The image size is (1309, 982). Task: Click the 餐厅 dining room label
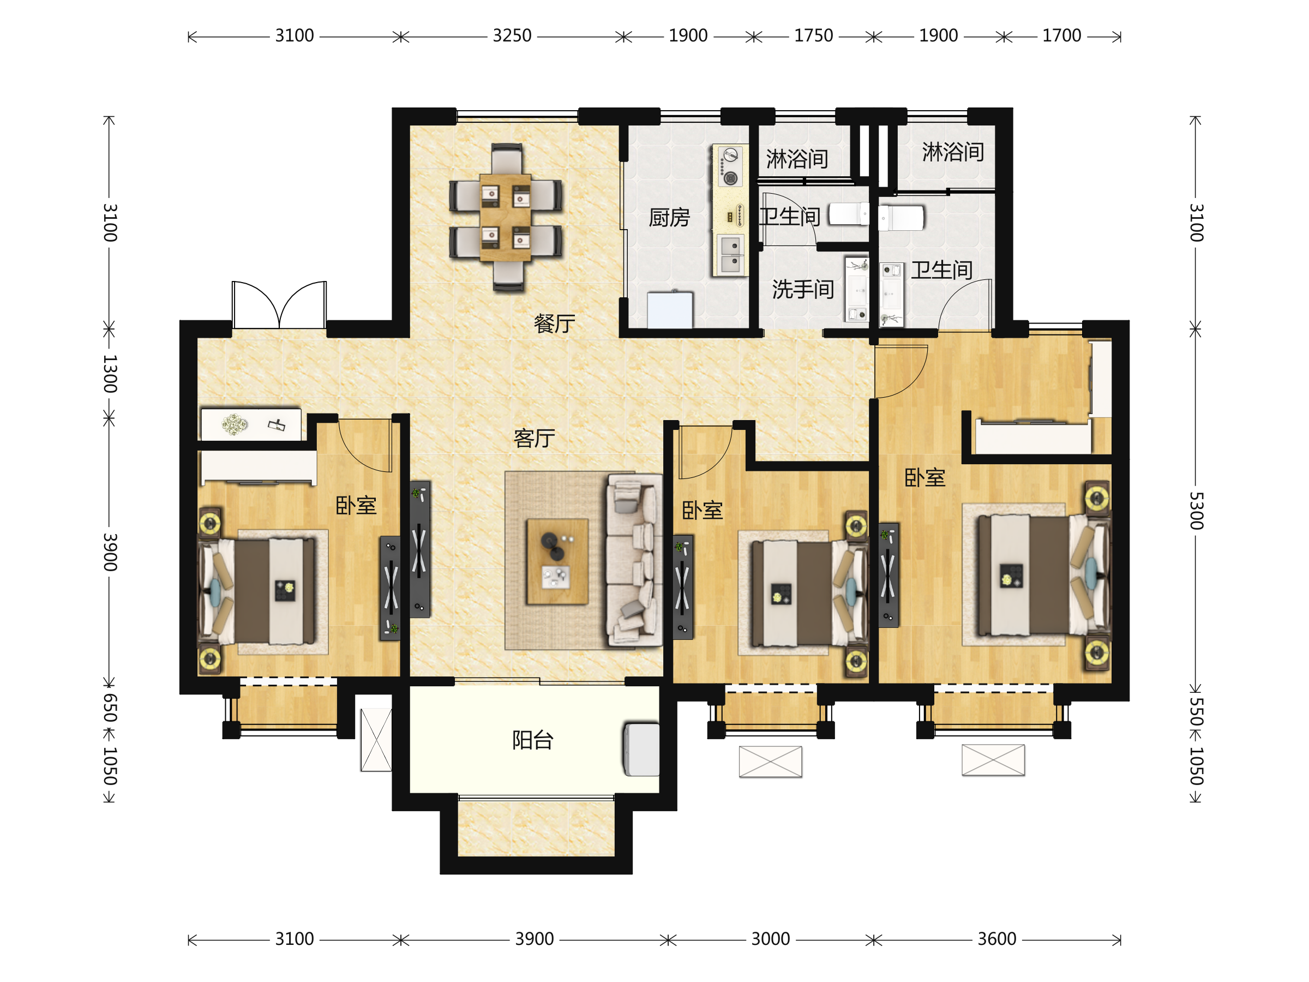(554, 324)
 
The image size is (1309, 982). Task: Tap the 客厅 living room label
(534, 438)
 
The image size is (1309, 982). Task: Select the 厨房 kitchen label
(669, 218)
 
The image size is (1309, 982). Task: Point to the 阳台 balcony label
(532, 740)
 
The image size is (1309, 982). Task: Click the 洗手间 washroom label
(802, 290)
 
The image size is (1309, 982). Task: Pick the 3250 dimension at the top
(512, 35)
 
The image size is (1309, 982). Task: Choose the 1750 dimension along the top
(813, 35)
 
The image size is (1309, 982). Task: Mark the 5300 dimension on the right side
(1196, 510)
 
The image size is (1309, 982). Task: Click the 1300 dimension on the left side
(110, 374)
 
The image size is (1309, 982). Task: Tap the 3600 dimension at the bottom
(996, 939)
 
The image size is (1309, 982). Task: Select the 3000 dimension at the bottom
(771, 939)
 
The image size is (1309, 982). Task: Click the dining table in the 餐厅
(506, 217)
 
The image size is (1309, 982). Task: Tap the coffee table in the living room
(557, 562)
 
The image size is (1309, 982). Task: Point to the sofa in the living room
(634, 559)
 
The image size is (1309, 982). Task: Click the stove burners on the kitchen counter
(730, 166)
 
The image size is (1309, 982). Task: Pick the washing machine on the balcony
(641, 749)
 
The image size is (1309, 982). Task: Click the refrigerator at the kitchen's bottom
(670, 309)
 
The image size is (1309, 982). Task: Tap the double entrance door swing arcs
(279, 304)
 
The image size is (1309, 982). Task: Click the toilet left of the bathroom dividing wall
(849, 214)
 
